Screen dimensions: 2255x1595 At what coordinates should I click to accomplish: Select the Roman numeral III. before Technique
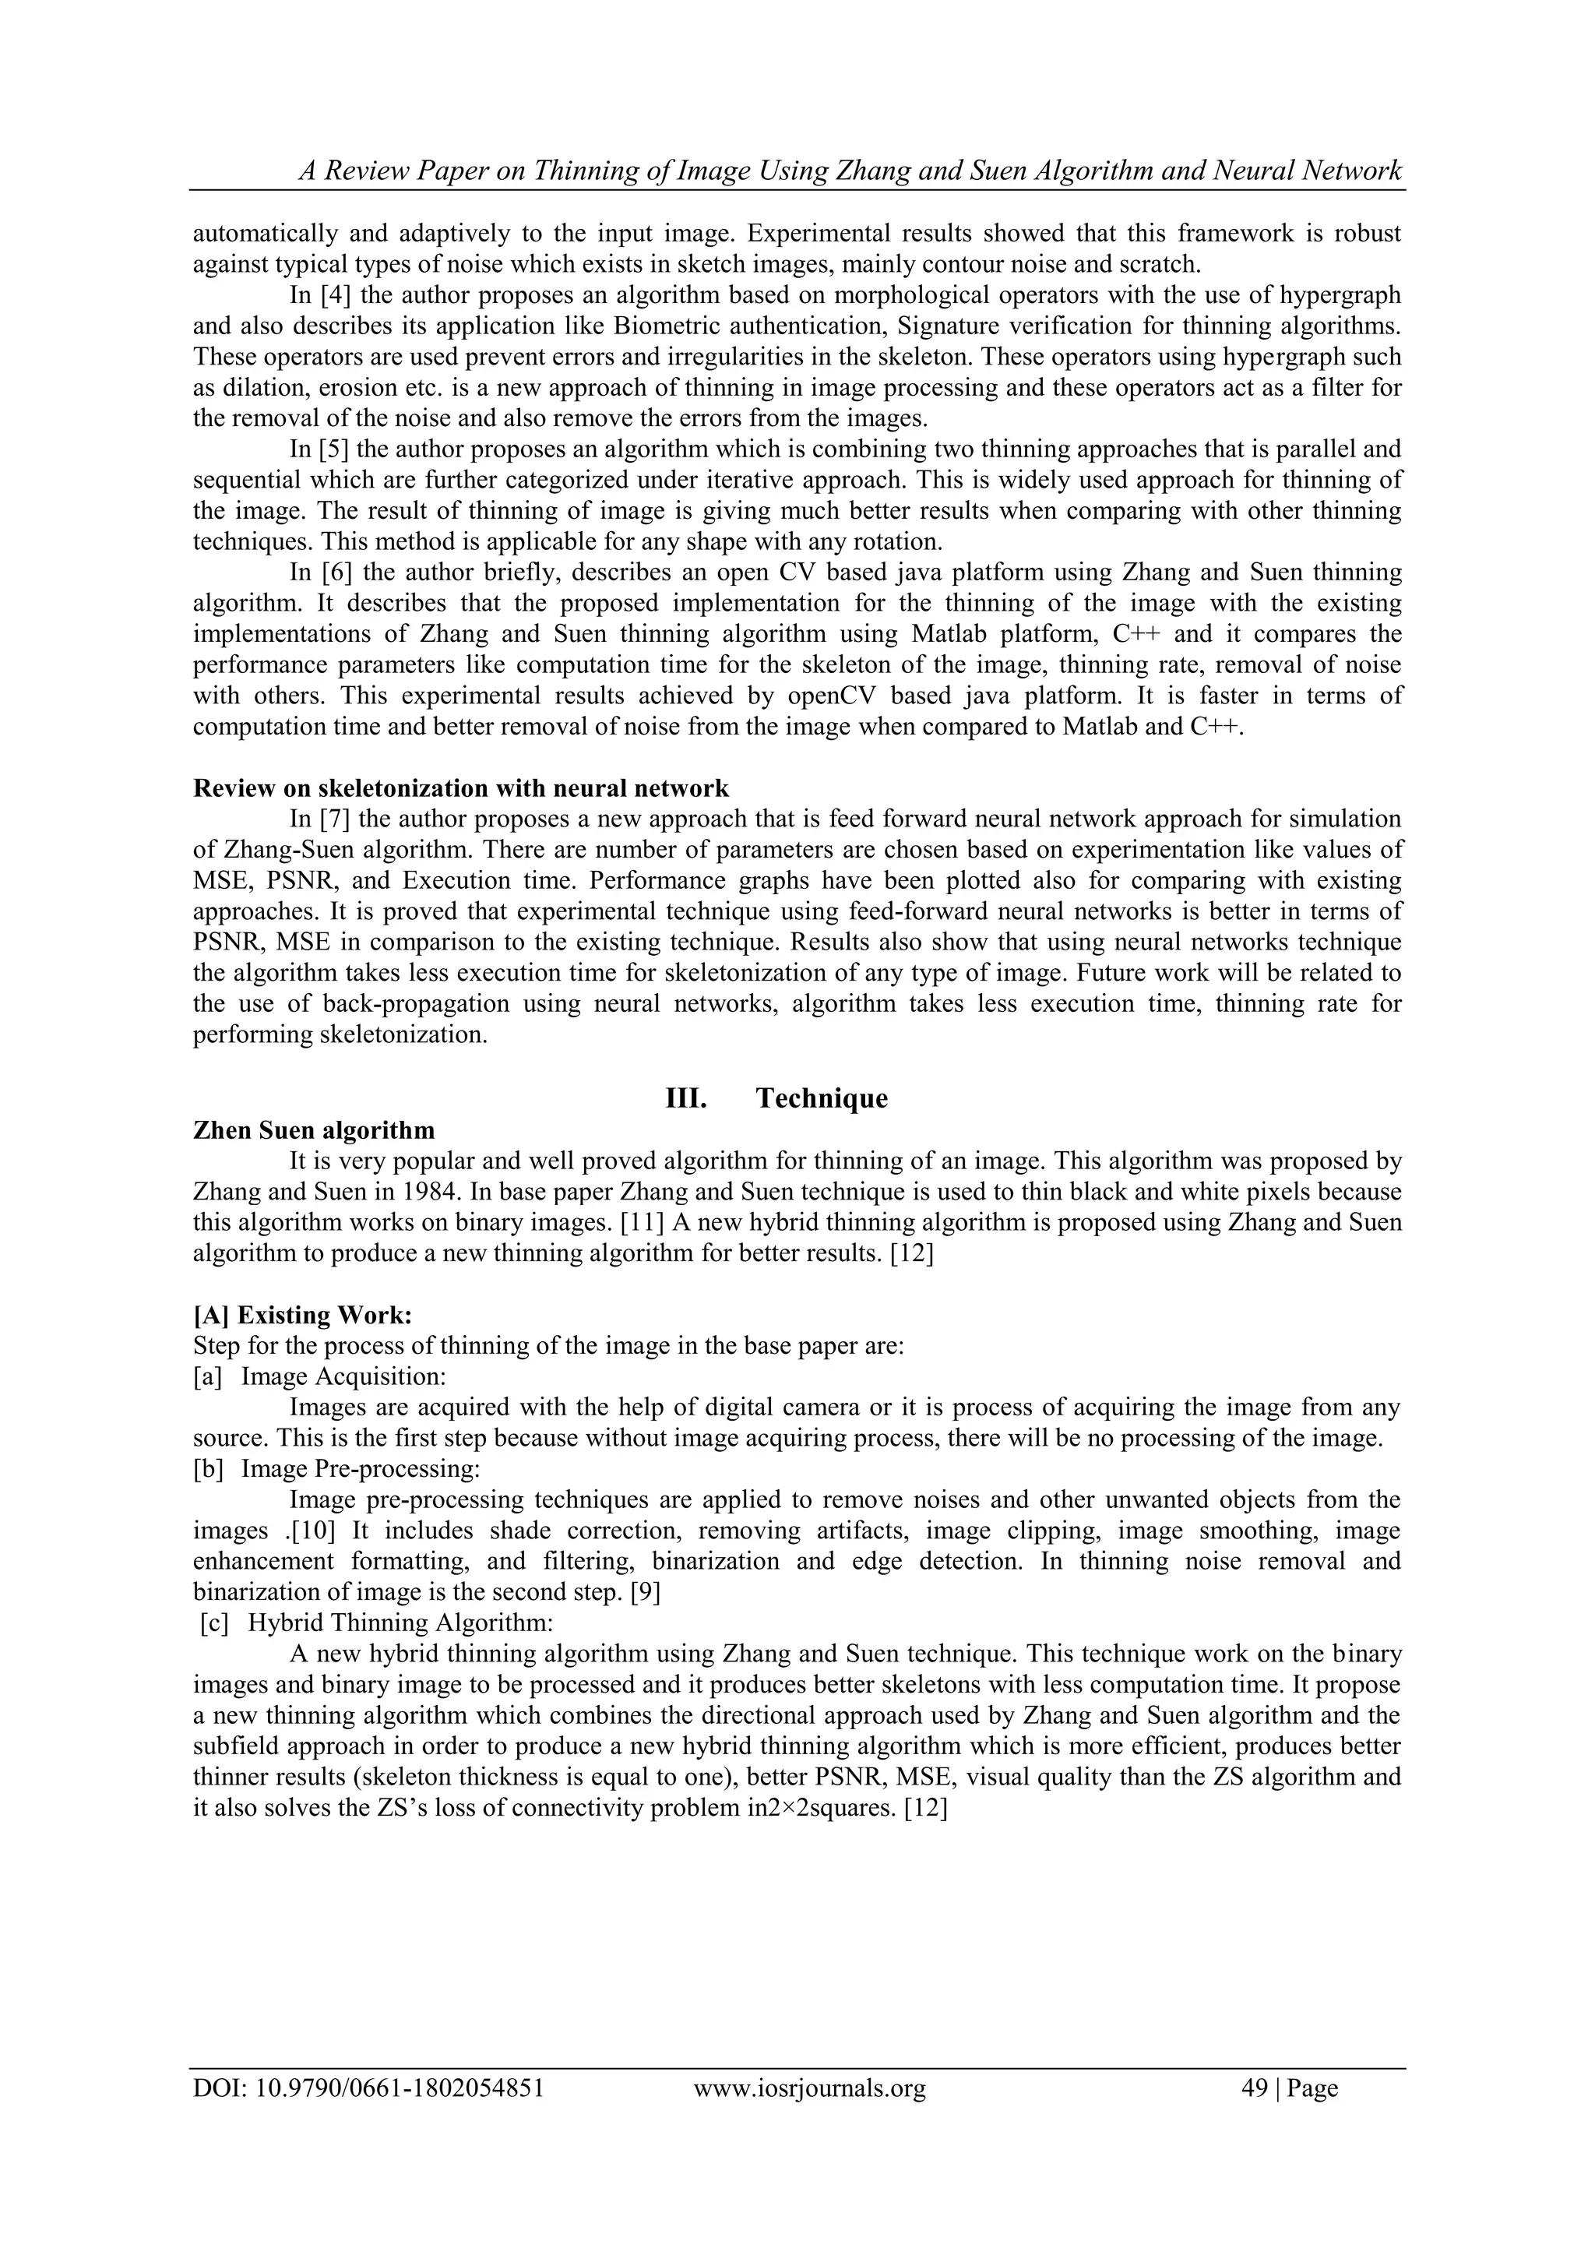[x=686, y=1098]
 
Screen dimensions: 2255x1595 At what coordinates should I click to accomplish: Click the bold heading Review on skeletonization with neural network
[x=460, y=788]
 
